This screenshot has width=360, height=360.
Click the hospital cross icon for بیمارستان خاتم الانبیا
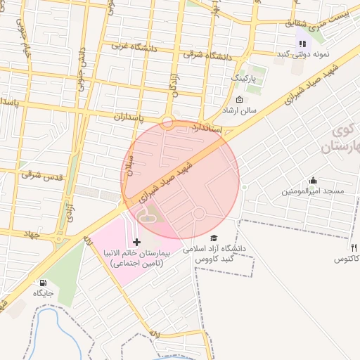(x=136, y=242)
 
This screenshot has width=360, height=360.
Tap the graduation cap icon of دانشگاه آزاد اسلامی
(x=214, y=238)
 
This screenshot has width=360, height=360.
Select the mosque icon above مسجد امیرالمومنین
(x=313, y=180)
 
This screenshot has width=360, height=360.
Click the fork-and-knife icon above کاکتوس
(x=354, y=248)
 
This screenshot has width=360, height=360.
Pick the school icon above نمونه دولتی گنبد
(x=302, y=44)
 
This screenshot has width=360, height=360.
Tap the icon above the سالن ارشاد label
(x=239, y=98)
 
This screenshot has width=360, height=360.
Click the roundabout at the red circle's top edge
(x=167, y=122)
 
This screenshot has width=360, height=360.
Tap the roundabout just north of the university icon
(x=199, y=212)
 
